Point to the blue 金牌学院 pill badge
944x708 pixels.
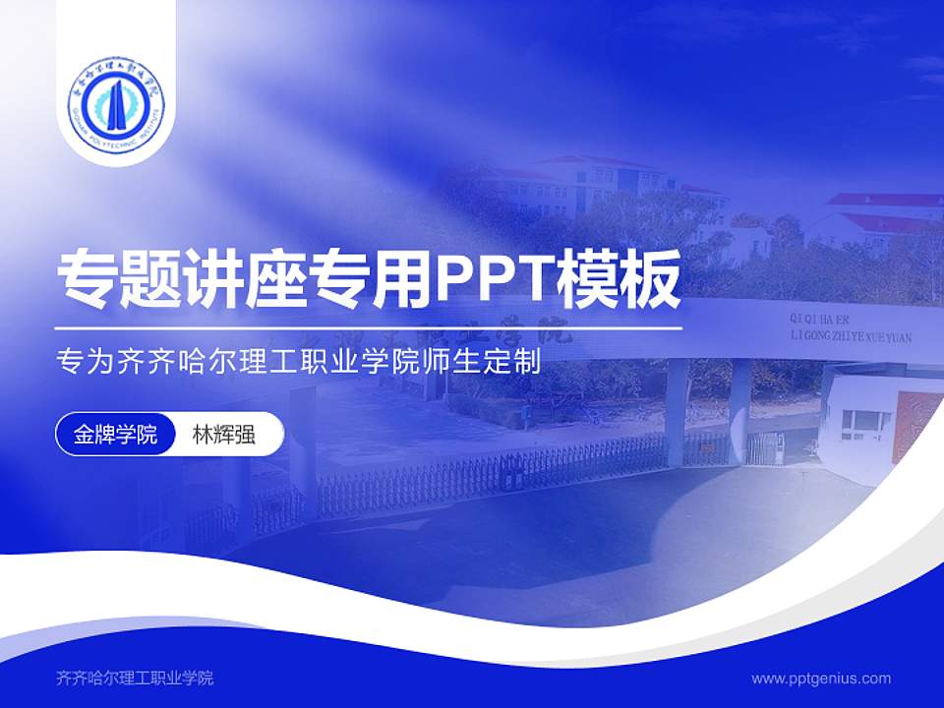coord(115,434)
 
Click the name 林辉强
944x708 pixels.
coord(223,434)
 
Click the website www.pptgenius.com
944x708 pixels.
coord(821,678)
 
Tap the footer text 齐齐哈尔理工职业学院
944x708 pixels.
coord(136,678)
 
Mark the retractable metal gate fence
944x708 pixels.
coord(492,467)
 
